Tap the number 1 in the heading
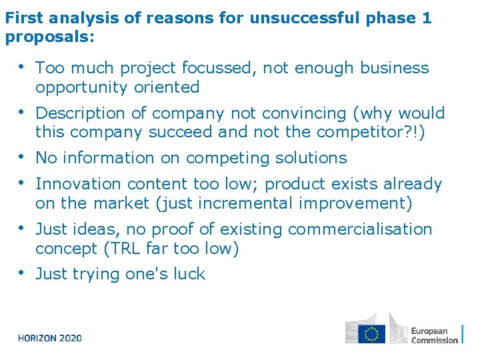coord(427,18)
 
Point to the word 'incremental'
coord(251,203)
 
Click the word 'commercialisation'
coord(360,229)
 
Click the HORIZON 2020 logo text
coord(50,338)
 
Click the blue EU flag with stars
coord(371,333)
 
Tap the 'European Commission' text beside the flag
coord(434,335)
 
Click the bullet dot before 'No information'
coord(22,157)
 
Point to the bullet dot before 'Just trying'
coord(22,273)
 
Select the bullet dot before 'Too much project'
coord(22,67)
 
